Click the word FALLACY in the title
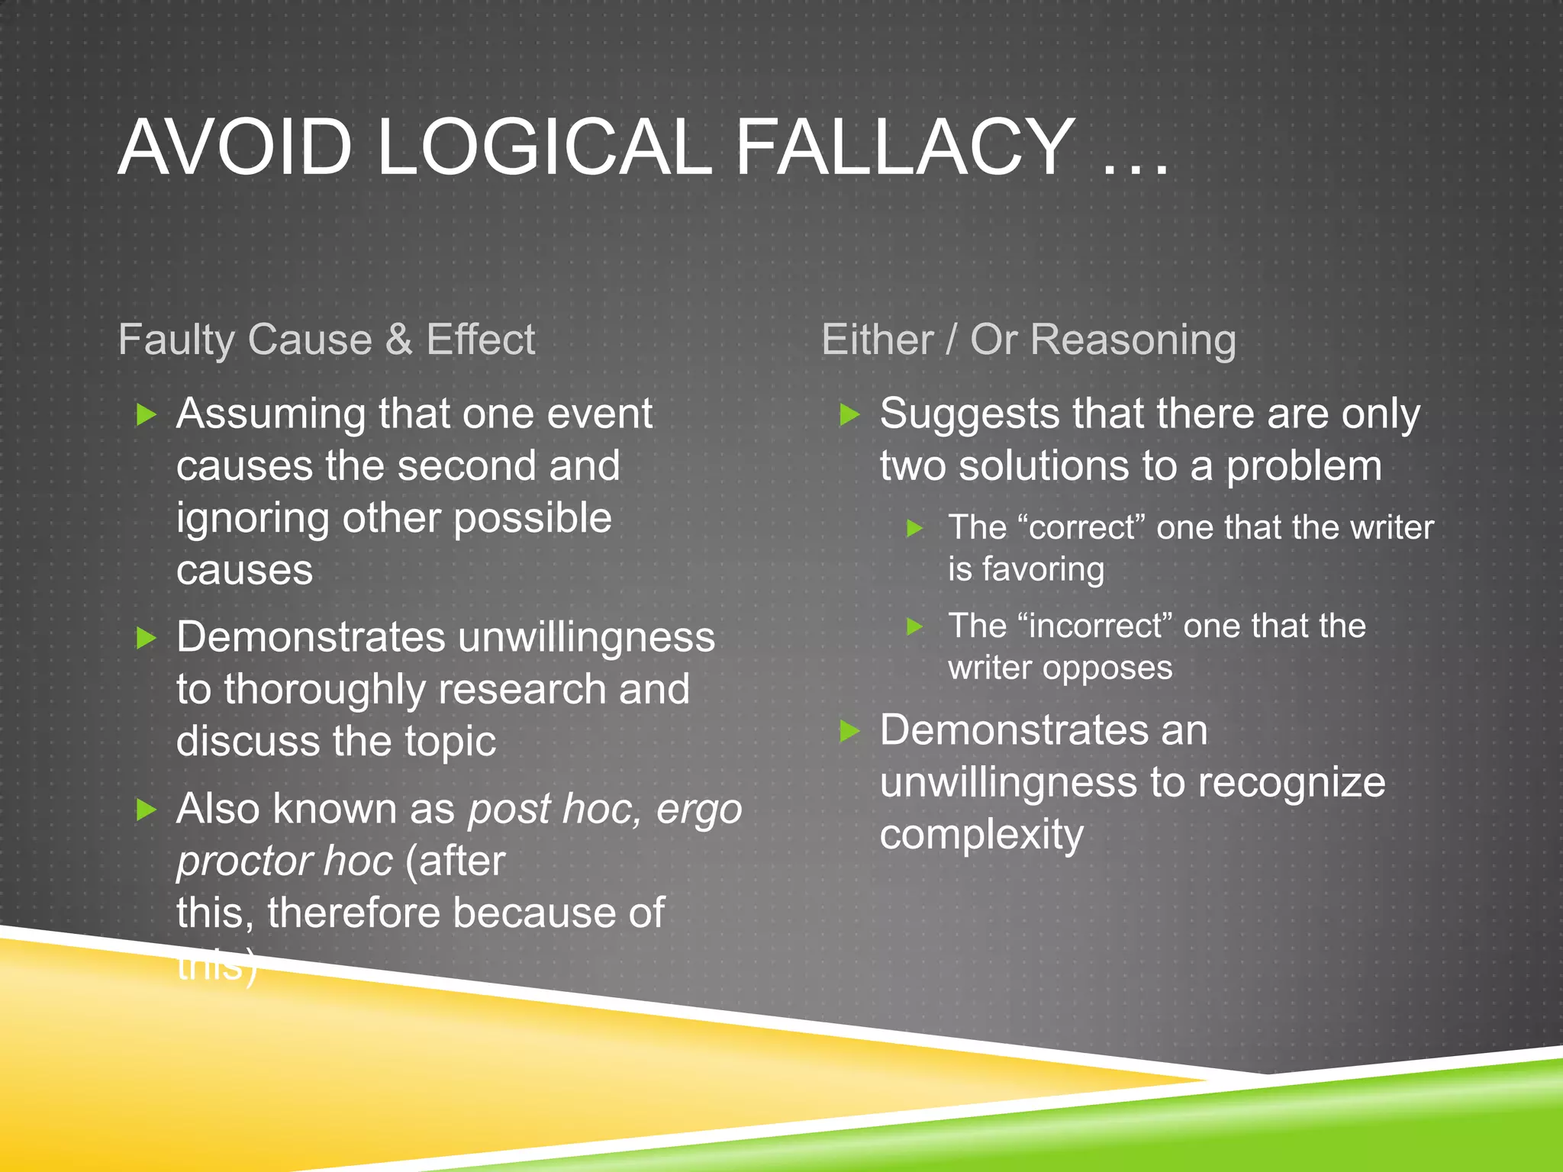(905, 146)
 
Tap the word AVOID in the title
(235, 146)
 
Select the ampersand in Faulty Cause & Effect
(398, 340)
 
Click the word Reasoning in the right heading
(1133, 340)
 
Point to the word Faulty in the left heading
(176, 341)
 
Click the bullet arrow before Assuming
(146, 415)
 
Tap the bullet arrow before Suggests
(849, 415)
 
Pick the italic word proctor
(242, 862)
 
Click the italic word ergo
(699, 810)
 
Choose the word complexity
(981, 835)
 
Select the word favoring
(1043, 570)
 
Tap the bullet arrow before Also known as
(146, 810)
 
